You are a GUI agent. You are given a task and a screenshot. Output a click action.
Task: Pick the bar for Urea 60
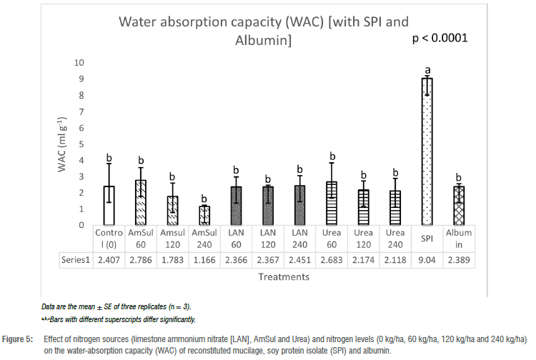tap(332, 204)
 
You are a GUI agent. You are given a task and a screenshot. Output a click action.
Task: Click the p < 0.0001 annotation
tap(440, 38)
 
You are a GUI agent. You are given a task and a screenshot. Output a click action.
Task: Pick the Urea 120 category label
tap(362, 238)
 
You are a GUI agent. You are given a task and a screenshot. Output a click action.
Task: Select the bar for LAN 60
tap(235, 206)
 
